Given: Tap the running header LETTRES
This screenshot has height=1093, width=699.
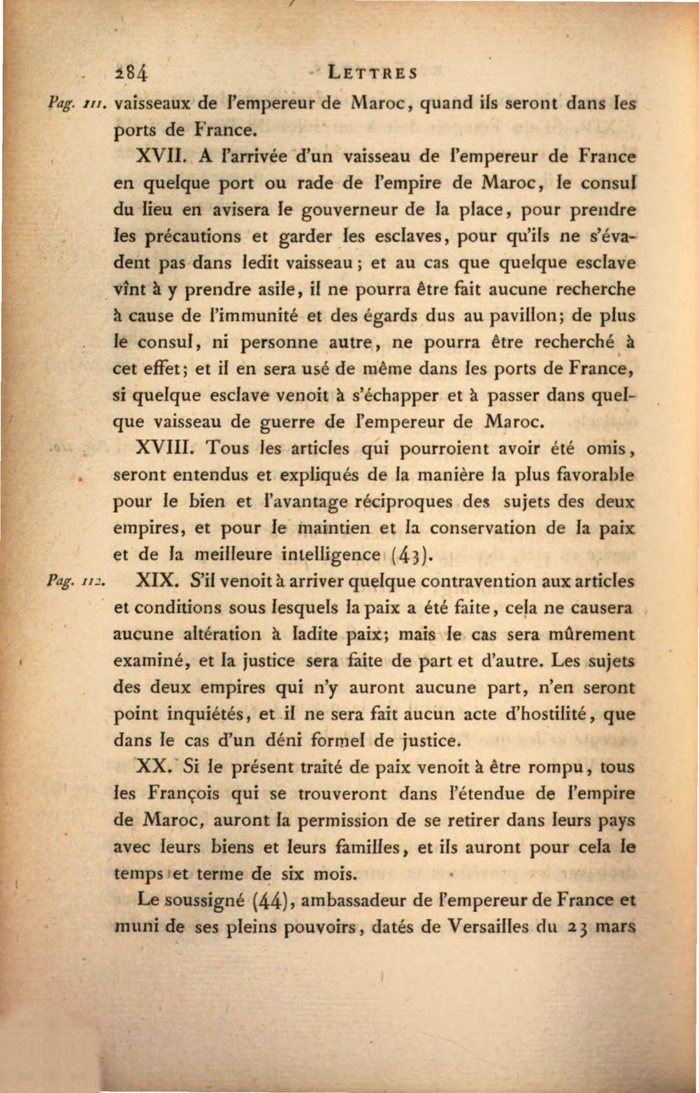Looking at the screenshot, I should tap(373, 73).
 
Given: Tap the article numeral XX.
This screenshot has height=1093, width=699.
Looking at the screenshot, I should tap(153, 767).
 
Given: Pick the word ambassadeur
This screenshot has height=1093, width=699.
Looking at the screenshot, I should tap(356, 901).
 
